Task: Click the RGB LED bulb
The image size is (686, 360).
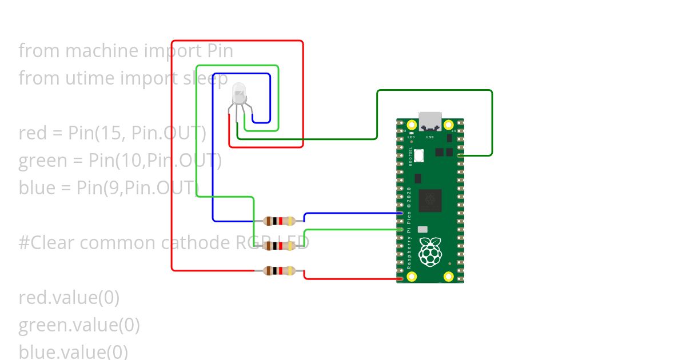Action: tap(238, 93)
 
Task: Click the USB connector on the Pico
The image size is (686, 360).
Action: tap(430, 121)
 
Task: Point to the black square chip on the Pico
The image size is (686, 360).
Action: tap(430, 201)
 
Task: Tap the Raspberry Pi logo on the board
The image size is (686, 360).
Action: tap(430, 251)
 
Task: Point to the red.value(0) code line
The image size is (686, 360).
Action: tap(69, 298)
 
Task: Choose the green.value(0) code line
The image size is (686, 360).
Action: tap(79, 325)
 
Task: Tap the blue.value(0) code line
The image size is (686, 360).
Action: tap(73, 351)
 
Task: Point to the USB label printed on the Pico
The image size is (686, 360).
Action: tap(430, 138)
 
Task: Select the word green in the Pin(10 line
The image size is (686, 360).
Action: tap(43, 161)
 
